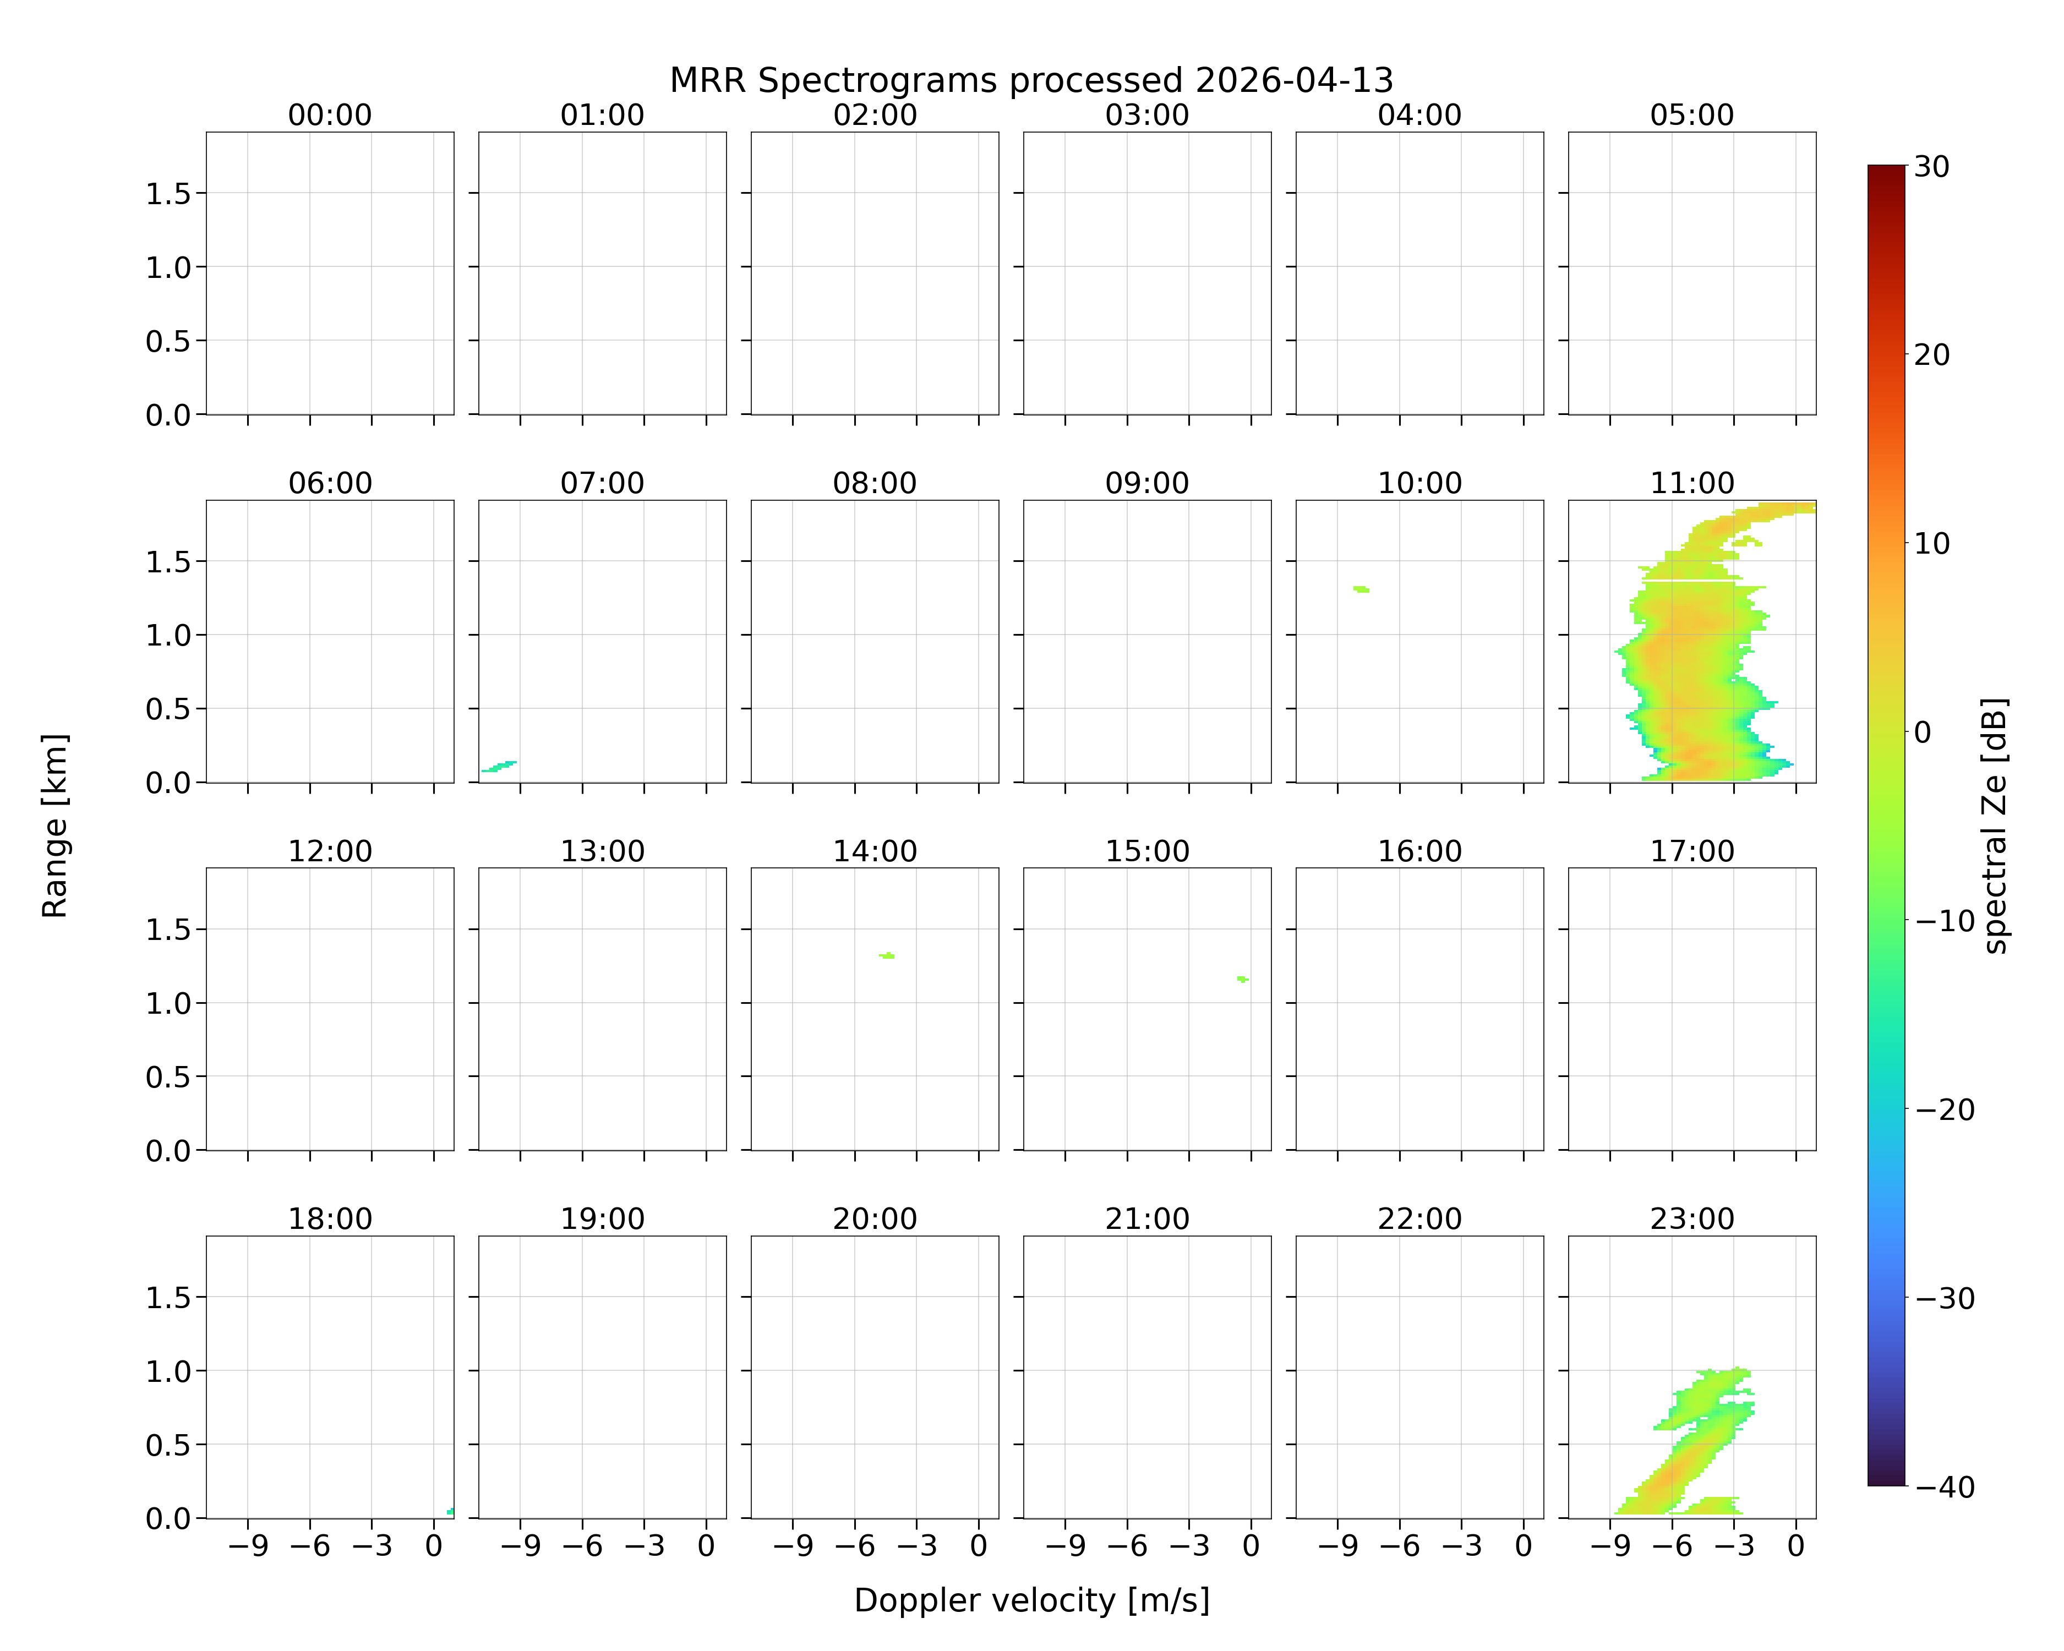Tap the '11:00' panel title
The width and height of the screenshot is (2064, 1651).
pyautogui.click(x=1691, y=483)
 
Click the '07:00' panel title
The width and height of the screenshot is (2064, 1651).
pyautogui.click(x=602, y=483)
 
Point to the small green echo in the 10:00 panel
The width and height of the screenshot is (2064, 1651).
pyautogui.click(x=1361, y=589)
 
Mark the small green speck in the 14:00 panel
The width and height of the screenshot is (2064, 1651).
pyautogui.click(x=887, y=955)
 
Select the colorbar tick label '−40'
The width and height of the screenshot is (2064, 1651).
pyautogui.click(x=1945, y=1488)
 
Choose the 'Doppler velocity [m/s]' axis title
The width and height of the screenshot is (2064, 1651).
pyautogui.click(x=1031, y=1600)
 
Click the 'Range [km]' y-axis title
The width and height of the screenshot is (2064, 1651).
pyautogui.click(x=54, y=826)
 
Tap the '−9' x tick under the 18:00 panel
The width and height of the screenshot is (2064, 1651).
pyautogui.click(x=247, y=1546)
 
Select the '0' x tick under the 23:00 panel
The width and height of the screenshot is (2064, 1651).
pyautogui.click(x=1796, y=1546)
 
